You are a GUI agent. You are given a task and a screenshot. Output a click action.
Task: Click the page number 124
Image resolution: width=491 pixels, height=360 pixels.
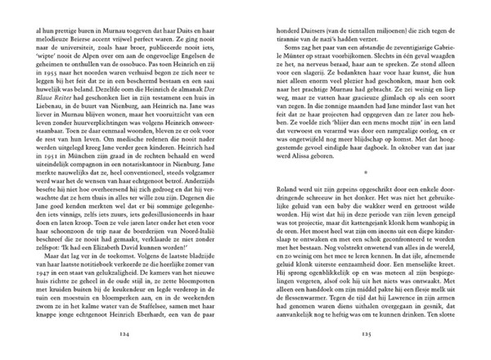(x=124, y=335)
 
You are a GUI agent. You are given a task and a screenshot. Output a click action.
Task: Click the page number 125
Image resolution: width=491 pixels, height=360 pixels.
(x=366, y=335)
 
